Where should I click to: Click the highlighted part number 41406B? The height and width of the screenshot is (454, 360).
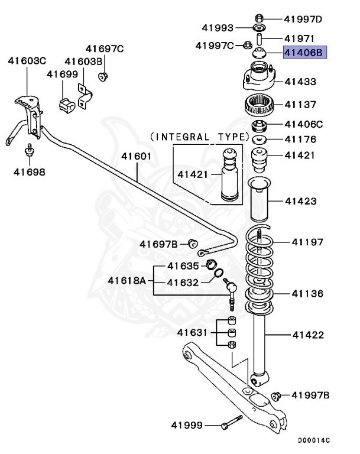tap(304, 53)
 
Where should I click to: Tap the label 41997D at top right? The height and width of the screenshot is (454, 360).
tap(303, 19)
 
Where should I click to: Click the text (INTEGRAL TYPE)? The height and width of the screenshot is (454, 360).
tap(199, 137)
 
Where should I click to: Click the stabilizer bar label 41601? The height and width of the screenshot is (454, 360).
tap(137, 157)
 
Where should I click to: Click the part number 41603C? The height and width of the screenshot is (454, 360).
tap(27, 60)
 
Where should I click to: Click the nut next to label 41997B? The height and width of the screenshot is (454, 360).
tap(275, 395)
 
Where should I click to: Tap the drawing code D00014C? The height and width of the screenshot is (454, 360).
tap(314, 440)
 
